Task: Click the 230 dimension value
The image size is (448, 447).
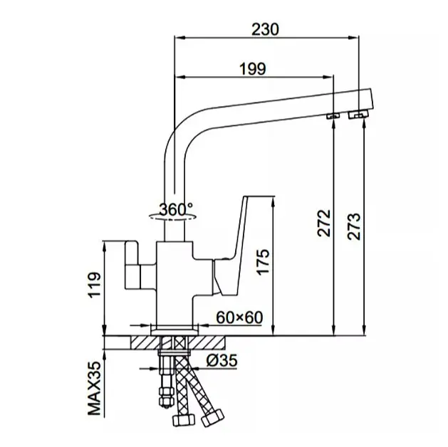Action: click(x=265, y=29)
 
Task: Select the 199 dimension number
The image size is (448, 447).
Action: click(x=253, y=69)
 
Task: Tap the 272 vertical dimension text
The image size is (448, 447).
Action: click(x=324, y=223)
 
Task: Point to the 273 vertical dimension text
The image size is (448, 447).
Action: click(x=354, y=226)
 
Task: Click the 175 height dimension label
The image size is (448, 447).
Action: click(x=263, y=262)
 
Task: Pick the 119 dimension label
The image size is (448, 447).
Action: click(x=95, y=285)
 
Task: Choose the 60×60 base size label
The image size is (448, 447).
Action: click(x=239, y=317)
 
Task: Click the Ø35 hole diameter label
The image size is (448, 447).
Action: click(x=222, y=360)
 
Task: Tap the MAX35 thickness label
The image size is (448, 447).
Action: click(x=95, y=388)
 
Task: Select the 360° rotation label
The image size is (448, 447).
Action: click(x=176, y=209)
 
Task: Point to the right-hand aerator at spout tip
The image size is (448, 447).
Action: click(x=358, y=115)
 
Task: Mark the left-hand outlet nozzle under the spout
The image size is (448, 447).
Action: click(x=333, y=115)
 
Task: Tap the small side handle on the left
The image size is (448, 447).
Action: click(x=132, y=265)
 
